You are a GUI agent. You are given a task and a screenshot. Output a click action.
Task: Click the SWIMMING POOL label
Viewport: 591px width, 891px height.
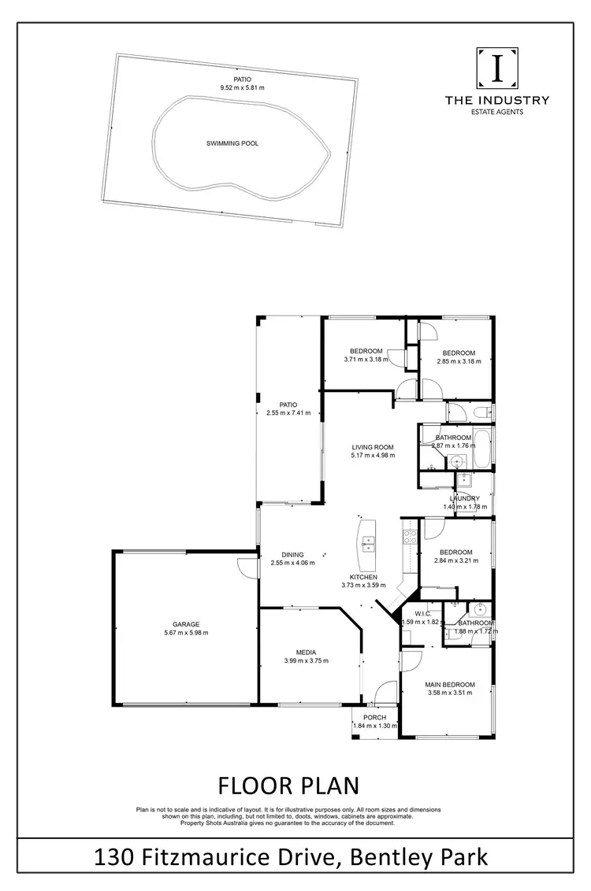(x=232, y=144)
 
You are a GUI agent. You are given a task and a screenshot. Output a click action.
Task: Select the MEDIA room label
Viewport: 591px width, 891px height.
(x=307, y=652)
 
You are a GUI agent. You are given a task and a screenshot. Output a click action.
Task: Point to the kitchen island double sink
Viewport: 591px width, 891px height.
(x=368, y=542)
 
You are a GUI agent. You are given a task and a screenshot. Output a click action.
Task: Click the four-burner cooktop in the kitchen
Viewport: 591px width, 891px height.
(x=410, y=538)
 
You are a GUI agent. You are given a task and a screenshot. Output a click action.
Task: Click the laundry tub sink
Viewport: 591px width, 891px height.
(x=463, y=477)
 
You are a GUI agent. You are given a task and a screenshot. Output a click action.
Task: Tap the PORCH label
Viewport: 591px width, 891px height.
(x=374, y=717)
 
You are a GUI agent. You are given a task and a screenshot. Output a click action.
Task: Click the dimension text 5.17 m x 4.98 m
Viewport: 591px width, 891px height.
(x=373, y=455)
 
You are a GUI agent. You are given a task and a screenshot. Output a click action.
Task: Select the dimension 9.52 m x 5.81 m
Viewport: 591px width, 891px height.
(x=243, y=88)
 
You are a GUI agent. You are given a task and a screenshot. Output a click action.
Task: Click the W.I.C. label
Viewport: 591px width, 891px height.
(x=416, y=614)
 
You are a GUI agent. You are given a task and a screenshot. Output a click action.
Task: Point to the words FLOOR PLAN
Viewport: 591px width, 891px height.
(x=288, y=786)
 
